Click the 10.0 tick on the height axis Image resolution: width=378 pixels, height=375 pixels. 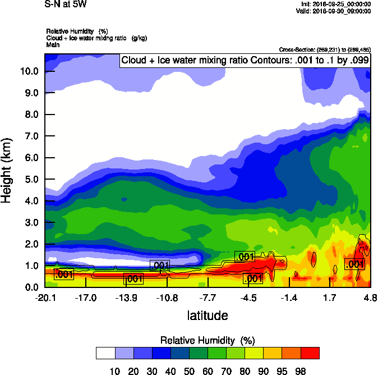coord(29,71)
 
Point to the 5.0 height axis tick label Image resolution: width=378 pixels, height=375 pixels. coord(29,180)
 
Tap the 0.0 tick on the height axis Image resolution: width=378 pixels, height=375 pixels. coord(29,287)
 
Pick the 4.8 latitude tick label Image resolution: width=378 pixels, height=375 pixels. coord(369,298)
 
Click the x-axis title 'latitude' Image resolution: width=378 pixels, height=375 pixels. coord(208,315)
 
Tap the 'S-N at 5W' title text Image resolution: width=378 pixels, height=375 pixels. coord(66,4)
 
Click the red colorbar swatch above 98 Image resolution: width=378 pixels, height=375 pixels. coord(310,353)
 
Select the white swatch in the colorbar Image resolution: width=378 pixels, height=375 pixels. coord(105,353)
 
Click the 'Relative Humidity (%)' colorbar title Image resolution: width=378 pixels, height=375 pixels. coord(208,340)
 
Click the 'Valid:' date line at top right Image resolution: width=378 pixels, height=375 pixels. coord(335,11)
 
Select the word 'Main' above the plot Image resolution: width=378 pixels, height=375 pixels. coord(53,44)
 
